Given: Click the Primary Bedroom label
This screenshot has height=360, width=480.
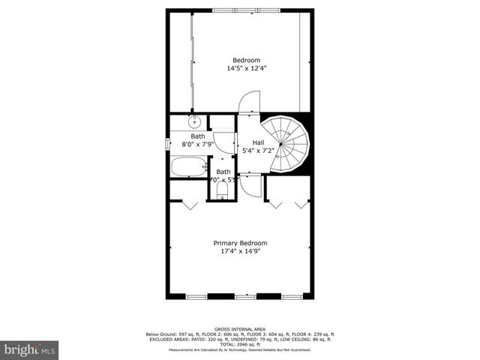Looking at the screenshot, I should [x=240, y=243].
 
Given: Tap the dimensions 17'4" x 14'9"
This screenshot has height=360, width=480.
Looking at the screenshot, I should [x=240, y=252].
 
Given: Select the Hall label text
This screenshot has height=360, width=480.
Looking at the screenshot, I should [x=258, y=142].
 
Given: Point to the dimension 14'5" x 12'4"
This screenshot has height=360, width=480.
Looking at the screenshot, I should [x=247, y=68].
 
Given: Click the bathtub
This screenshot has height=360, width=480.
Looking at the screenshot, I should [x=187, y=167].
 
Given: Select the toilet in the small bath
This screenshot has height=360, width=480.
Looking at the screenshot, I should [x=222, y=193].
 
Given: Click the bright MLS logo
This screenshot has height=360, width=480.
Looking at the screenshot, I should [x=30, y=349].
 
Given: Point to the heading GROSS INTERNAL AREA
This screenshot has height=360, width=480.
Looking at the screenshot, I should [x=240, y=329].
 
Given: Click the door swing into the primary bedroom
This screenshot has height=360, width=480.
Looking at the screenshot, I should [x=252, y=185].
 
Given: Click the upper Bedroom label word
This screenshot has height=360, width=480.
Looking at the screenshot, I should [x=246, y=60].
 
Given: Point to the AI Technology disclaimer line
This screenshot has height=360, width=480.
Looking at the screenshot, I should [x=240, y=349].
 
